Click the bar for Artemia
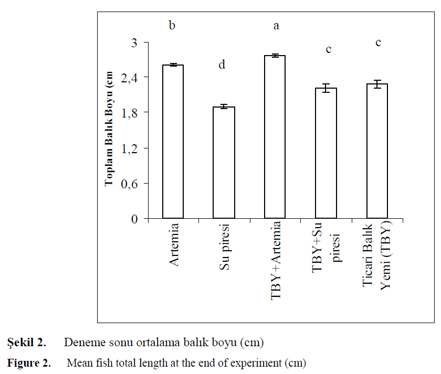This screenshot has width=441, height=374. (x=173, y=142)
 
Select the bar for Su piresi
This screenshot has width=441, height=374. (x=224, y=163)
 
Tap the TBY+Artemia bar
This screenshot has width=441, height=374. (x=275, y=136)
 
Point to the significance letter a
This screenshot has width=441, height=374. (x=276, y=25)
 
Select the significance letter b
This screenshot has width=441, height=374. (x=172, y=25)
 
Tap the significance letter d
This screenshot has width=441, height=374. (x=222, y=65)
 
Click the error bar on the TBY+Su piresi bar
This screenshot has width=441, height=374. (x=326, y=88)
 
